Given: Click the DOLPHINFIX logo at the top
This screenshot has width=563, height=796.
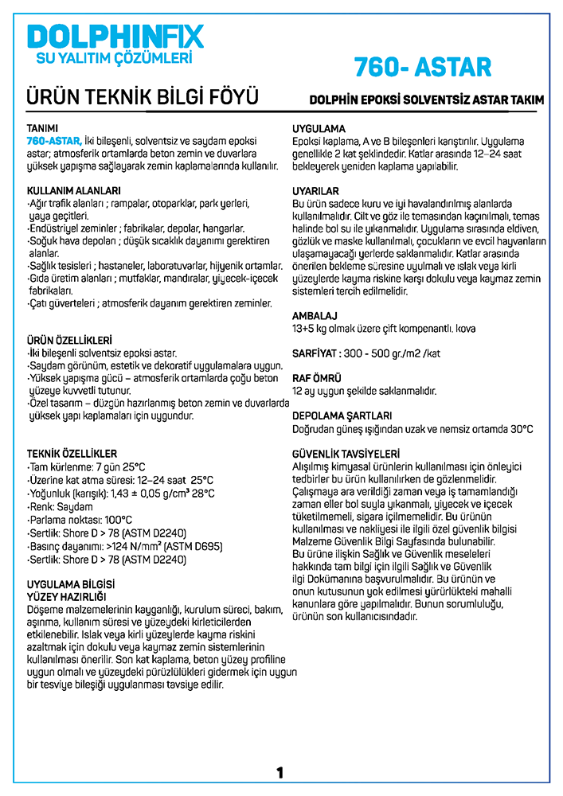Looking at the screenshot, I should [x=115, y=36].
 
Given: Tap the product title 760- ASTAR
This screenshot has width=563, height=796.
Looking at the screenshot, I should [x=422, y=65].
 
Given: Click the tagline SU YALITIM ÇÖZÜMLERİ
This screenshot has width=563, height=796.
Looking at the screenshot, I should [x=116, y=58].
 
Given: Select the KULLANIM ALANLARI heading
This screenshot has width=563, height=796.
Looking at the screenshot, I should [x=74, y=191].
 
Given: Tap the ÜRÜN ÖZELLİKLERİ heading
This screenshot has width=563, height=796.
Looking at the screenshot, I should [x=70, y=339].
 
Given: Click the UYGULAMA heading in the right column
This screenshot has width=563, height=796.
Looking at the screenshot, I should [x=319, y=128].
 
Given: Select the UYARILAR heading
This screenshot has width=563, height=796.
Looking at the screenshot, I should [x=316, y=191].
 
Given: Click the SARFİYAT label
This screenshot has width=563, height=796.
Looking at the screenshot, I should [x=316, y=353].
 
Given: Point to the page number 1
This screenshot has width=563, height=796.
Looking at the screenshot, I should [x=280, y=772].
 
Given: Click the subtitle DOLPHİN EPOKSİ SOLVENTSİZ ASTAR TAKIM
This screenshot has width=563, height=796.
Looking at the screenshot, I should [x=427, y=100].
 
